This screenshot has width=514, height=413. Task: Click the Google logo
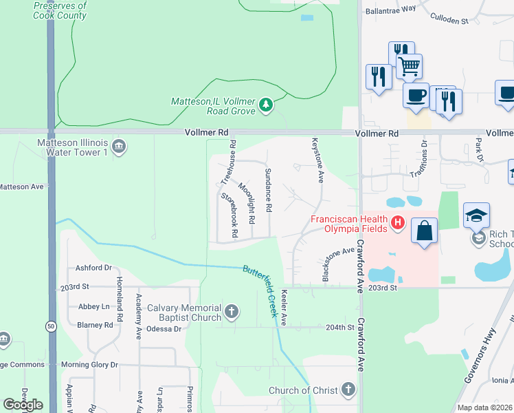pyautogui.click(x=23, y=405)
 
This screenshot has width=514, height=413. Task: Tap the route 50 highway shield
pyautogui.click(x=51, y=327)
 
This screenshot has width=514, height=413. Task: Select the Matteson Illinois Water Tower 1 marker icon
pyautogui.click(x=118, y=145)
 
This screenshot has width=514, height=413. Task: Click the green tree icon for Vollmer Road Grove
pyautogui.click(x=266, y=105)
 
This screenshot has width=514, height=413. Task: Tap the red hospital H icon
pyautogui.click(x=397, y=222)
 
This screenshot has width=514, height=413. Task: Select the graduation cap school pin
pyautogui.click(x=476, y=215)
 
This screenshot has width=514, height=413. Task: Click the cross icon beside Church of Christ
pyautogui.click(x=348, y=390)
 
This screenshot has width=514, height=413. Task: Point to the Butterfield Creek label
pyautogui.click(x=262, y=290)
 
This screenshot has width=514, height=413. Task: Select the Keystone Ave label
pyautogui.click(x=317, y=160)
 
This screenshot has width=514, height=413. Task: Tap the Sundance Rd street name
pyautogui.click(x=269, y=190)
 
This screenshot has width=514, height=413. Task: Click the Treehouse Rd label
pyautogui.click(x=229, y=163)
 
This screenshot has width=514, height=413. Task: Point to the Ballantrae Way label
pyautogui.click(x=391, y=9)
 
